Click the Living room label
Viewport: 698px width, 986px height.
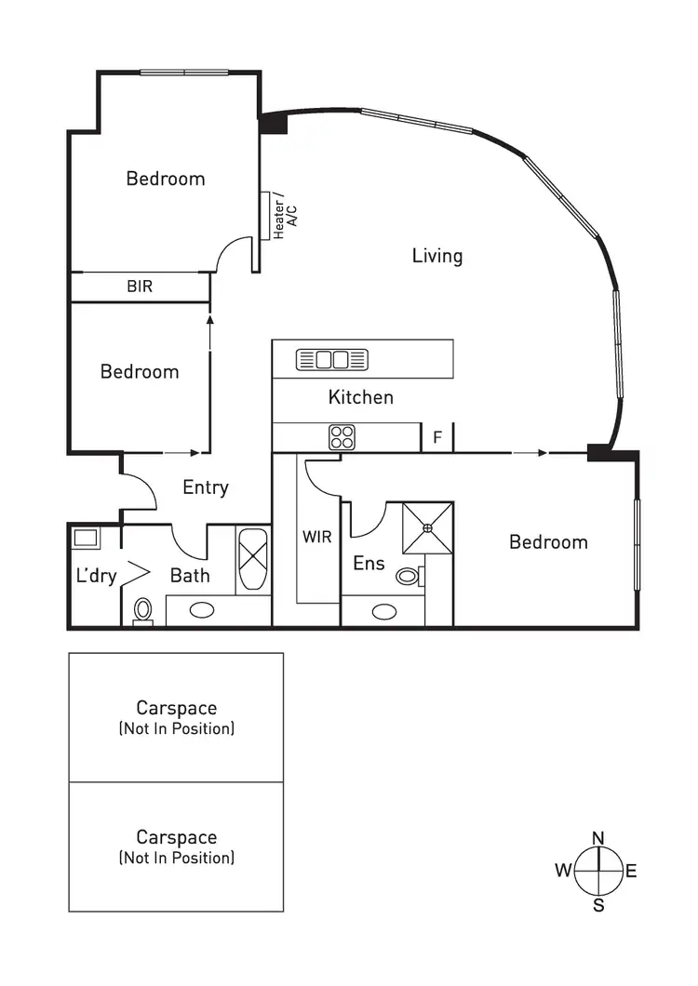click(x=437, y=256)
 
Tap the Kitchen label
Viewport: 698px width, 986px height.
click(x=361, y=397)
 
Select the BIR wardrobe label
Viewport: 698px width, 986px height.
click(x=140, y=287)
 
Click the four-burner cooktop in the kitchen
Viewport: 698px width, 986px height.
click(x=341, y=436)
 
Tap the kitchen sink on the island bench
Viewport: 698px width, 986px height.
click(x=332, y=359)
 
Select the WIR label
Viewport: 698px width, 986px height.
click(x=317, y=538)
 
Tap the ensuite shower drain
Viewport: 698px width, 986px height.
click(x=428, y=528)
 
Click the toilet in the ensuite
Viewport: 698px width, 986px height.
click(x=408, y=577)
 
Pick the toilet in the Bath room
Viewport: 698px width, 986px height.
click(x=143, y=610)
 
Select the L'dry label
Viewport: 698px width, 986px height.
click(x=96, y=577)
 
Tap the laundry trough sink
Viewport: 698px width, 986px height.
click(x=87, y=538)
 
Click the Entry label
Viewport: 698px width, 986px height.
click(x=206, y=487)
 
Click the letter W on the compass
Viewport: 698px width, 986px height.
click(x=563, y=871)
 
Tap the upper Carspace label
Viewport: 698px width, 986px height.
click(x=177, y=709)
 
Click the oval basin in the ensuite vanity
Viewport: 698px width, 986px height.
click(x=383, y=611)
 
